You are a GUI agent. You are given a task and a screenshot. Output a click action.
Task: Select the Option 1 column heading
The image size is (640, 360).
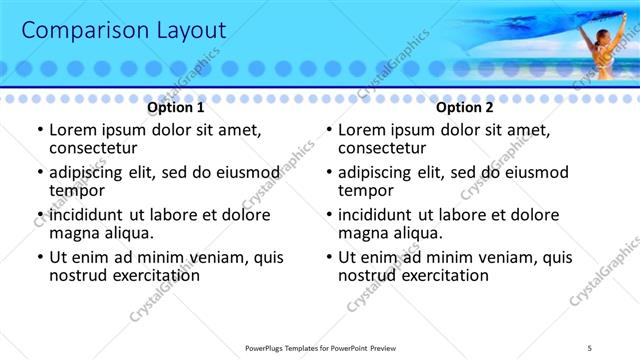click(176, 107)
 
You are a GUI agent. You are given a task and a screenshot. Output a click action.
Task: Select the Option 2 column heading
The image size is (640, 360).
click(465, 107)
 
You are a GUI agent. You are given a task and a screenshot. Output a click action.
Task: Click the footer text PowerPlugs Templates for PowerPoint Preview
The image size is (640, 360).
click(319, 348)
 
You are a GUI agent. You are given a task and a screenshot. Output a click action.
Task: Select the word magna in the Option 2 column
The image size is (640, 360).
click(362, 233)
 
